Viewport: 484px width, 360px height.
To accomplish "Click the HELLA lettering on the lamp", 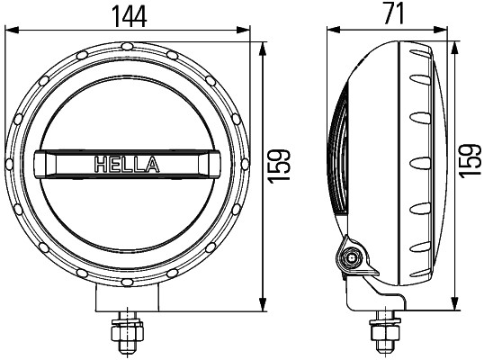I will click(x=127, y=165).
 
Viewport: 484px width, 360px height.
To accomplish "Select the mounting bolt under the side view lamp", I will click(x=382, y=335).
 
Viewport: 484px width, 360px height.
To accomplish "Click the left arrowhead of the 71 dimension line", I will click(x=330, y=29).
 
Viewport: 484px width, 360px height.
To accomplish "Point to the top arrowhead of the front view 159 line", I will click(x=264, y=47).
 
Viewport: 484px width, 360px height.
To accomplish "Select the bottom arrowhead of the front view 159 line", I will click(x=264, y=305).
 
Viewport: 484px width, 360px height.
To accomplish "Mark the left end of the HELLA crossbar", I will click(x=41, y=165).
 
